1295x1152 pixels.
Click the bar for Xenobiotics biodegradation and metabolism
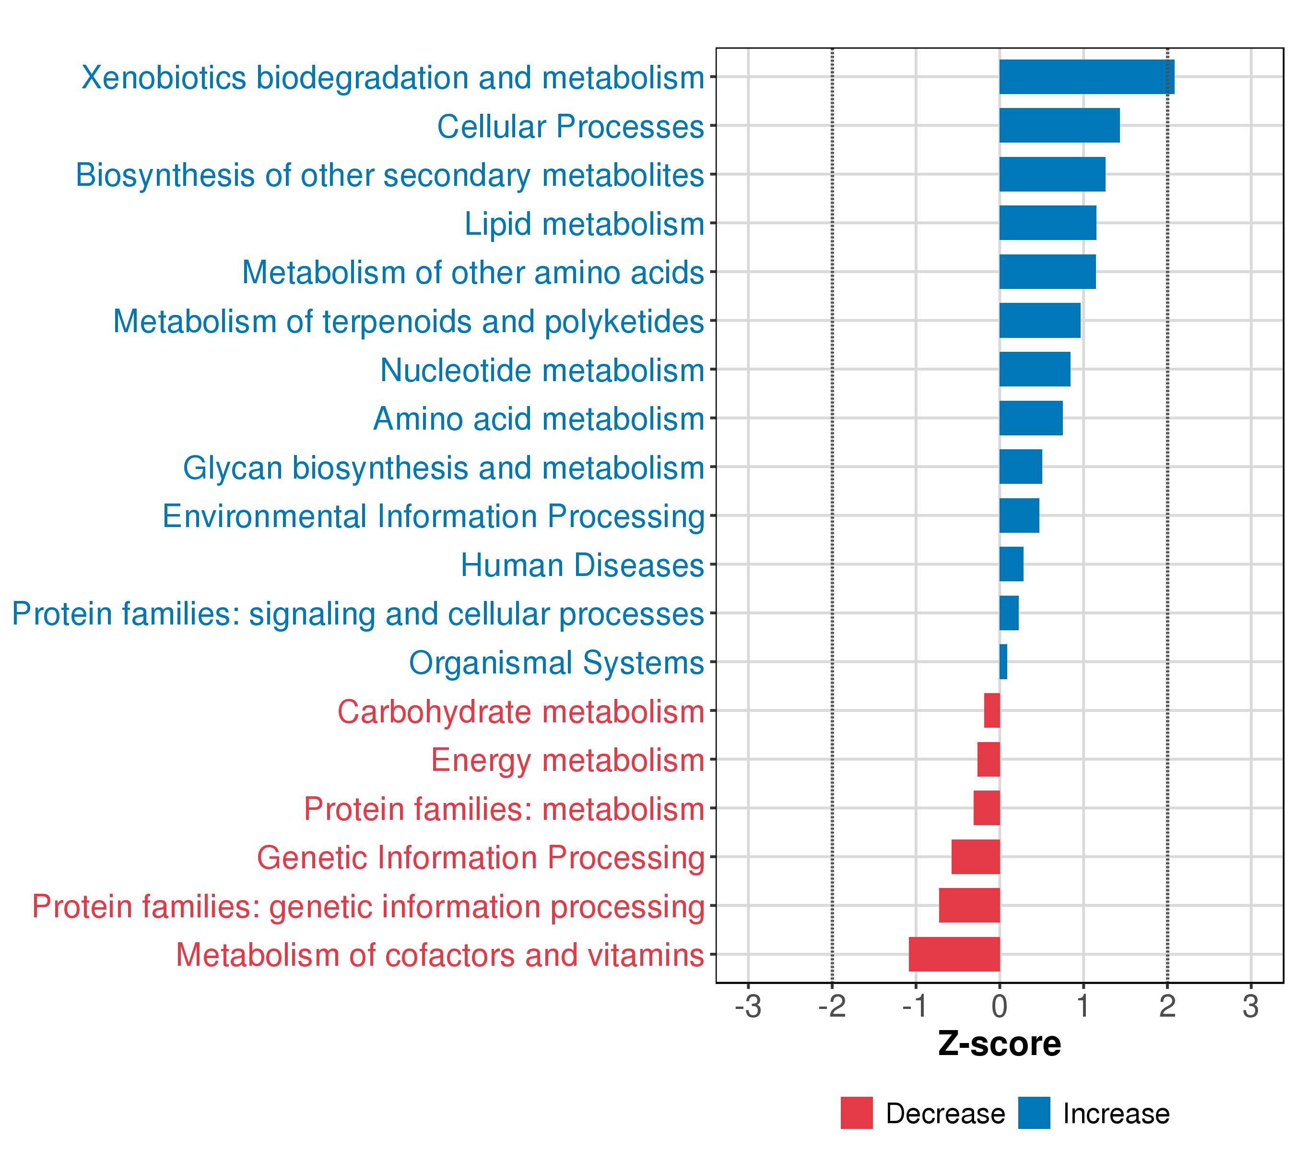[x=1086, y=77]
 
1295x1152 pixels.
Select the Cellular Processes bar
[x=1060, y=126]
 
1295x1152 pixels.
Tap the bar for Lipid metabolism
[x=1048, y=223]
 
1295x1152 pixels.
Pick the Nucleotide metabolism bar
[x=1035, y=369]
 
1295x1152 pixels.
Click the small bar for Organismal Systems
[x=1003, y=662]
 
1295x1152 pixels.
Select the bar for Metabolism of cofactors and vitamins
[x=954, y=954]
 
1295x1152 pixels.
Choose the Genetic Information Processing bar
[x=976, y=856]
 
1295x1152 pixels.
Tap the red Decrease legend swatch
[x=857, y=1113]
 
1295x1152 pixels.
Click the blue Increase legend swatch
[x=1034, y=1113]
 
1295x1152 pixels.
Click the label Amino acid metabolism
[x=539, y=419]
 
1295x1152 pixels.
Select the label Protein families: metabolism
[x=504, y=809]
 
